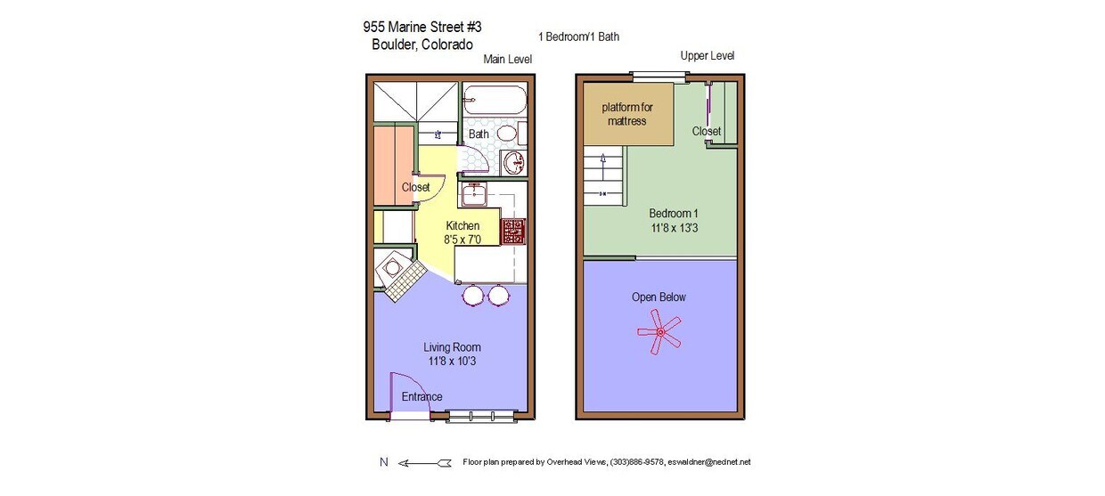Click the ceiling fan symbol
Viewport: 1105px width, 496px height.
pyautogui.click(x=659, y=332)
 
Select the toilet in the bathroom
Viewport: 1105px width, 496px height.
pyautogui.click(x=506, y=134)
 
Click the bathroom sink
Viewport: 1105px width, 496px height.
pyautogui.click(x=513, y=164)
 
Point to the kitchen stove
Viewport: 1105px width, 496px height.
pyautogui.click(x=513, y=232)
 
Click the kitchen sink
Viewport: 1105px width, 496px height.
pyautogui.click(x=472, y=193)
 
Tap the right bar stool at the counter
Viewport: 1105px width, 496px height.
pyautogui.click(x=498, y=295)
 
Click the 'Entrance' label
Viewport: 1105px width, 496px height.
pyautogui.click(x=422, y=397)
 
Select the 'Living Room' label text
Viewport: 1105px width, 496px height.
pyautogui.click(x=453, y=347)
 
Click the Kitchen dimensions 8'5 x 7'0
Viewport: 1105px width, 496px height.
pyautogui.click(x=462, y=240)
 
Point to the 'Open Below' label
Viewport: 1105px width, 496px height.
pyautogui.click(x=659, y=297)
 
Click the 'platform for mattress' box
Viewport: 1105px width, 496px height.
pyautogui.click(x=627, y=114)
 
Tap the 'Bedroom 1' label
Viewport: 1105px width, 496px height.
pyautogui.click(x=673, y=214)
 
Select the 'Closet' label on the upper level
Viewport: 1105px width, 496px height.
pyautogui.click(x=707, y=132)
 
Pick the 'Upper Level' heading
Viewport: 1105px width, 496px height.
pyautogui.click(x=707, y=56)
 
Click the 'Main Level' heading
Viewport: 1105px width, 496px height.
pyautogui.click(x=507, y=60)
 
